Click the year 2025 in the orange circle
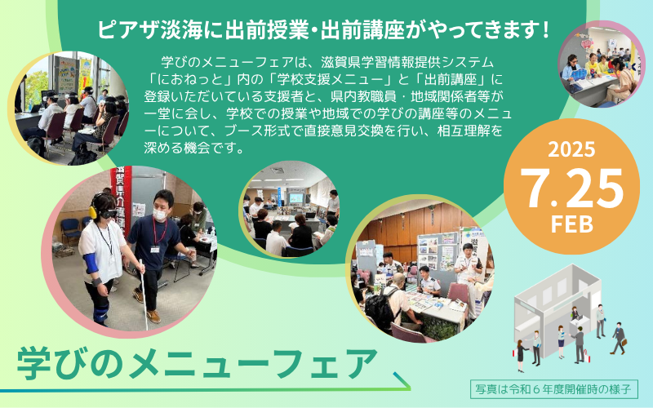(x=571, y=149)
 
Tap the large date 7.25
(x=572, y=188)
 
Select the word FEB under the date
(x=572, y=224)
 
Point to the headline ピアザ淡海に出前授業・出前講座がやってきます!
(x=323, y=30)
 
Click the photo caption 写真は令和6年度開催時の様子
(x=554, y=389)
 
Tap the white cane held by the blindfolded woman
(x=143, y=294)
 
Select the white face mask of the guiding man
(x=159, y=215)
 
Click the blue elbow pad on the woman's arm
(x=91, y=263)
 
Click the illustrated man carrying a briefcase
(x=619, y=338)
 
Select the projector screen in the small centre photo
(x=295, y=198)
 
